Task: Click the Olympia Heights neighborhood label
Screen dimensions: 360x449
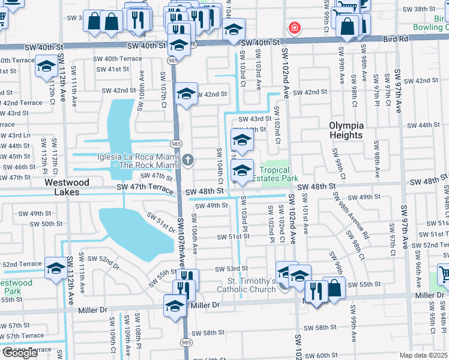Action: tap(346, 130)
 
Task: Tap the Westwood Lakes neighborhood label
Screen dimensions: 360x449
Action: tap(67, 182)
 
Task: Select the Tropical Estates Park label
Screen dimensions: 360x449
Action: tap(274, 174)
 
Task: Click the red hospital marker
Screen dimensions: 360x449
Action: tap(294, 28)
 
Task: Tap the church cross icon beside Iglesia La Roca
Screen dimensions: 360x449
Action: tap(188, 160)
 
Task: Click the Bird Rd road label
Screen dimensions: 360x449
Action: tap(394, 39)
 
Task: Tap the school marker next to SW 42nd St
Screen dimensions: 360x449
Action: tap(187, 94)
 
